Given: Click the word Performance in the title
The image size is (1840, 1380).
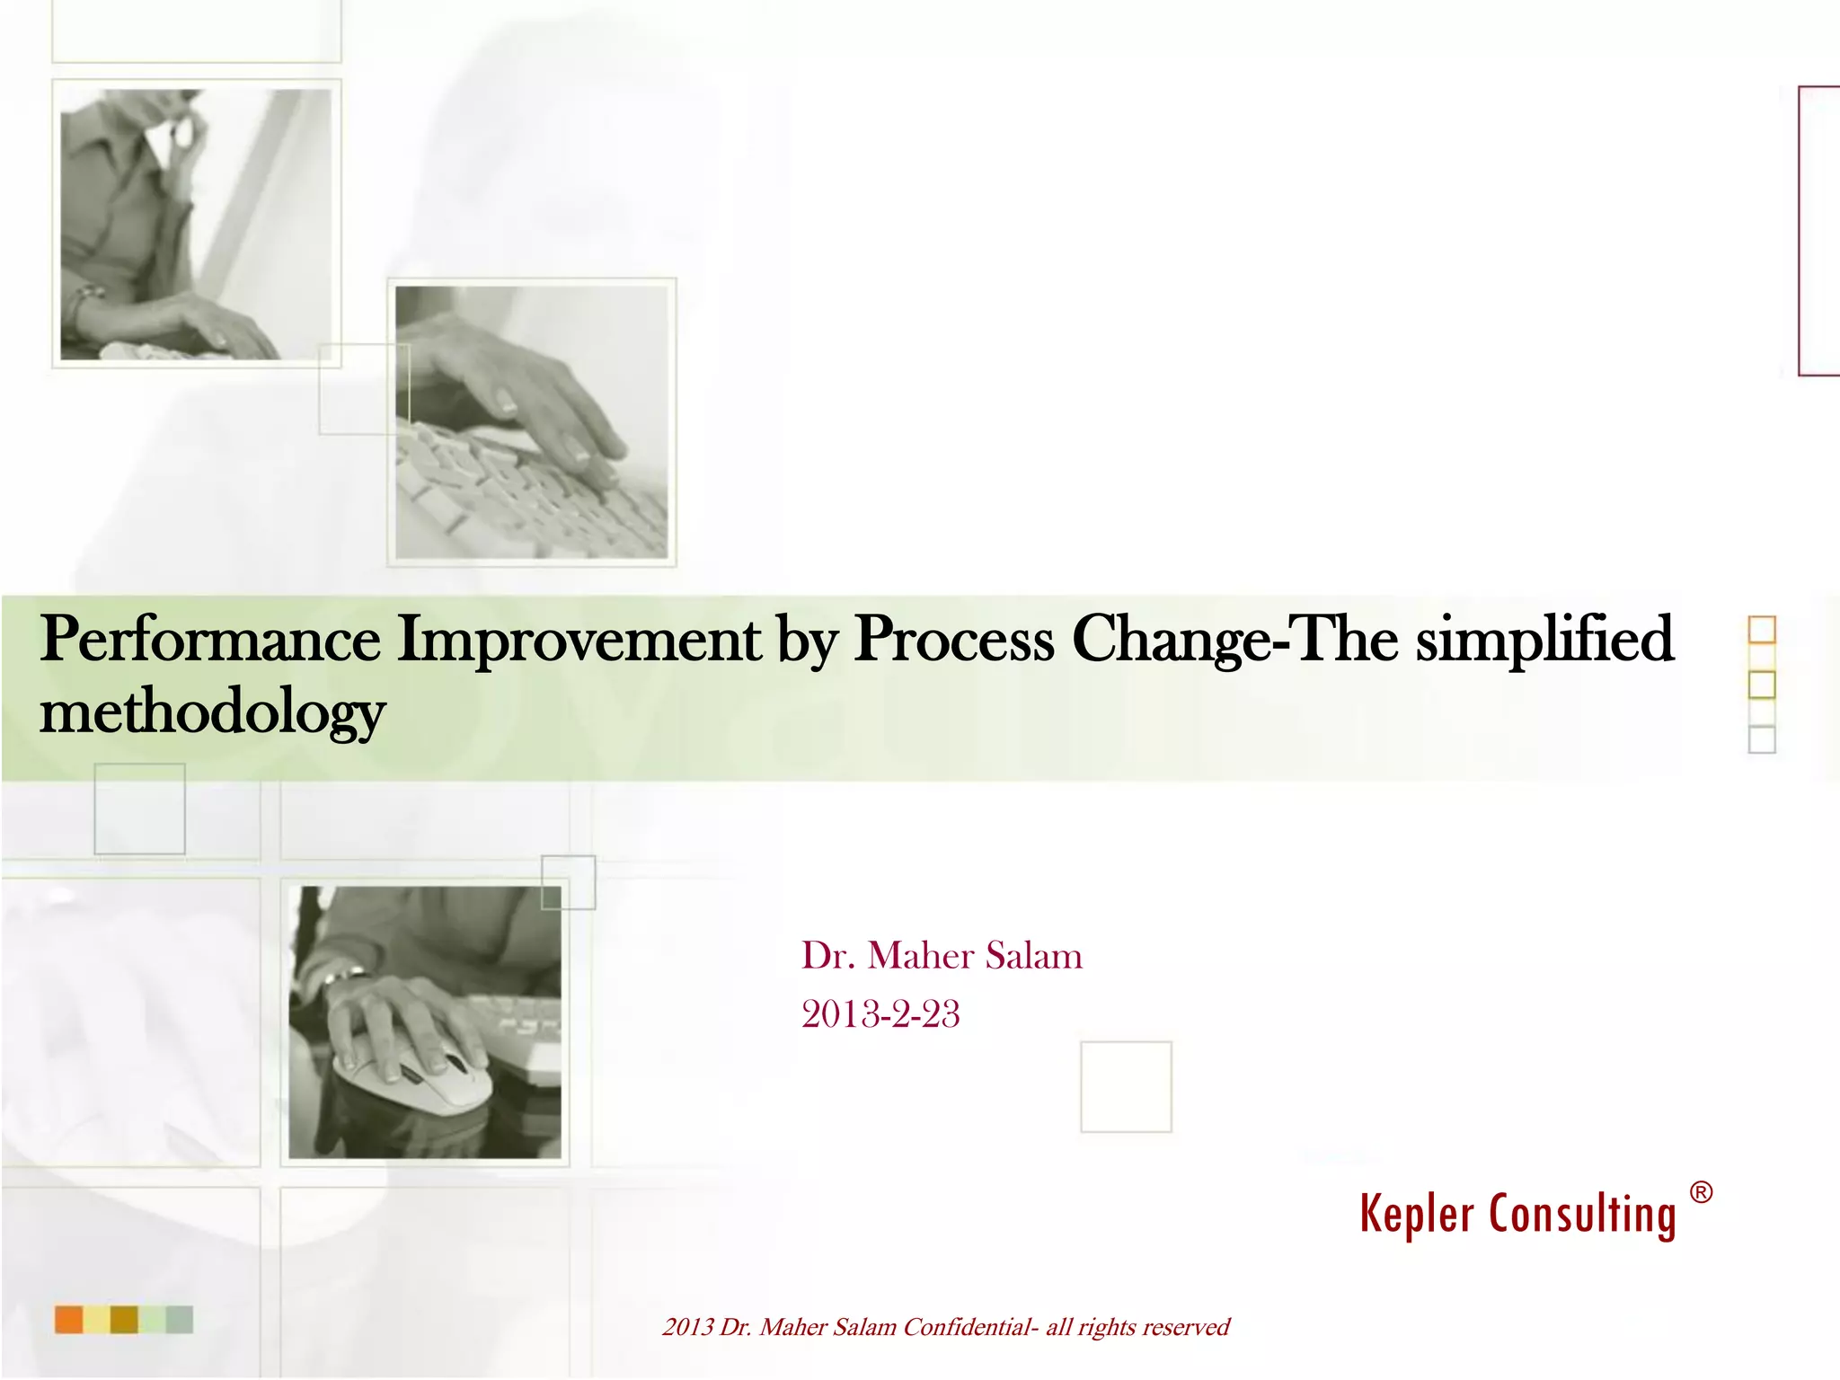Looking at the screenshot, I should pos(210,640).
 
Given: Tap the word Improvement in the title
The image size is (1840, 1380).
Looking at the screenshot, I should pos(579,640).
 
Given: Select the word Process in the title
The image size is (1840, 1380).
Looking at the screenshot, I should pos(953,640).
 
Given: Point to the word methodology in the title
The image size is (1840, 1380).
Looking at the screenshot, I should pos(212,712).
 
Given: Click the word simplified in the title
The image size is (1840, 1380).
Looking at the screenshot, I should pos(1544,640).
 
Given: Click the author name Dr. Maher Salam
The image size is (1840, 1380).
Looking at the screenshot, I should pos(942,956).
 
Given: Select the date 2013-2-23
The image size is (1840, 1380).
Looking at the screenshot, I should pos(880,1014).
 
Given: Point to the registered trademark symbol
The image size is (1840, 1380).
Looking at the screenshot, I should pos(1701,1193).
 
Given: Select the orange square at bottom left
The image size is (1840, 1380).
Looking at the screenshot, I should pos(69,1320).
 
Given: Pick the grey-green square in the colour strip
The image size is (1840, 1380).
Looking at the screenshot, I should pos(180,1320).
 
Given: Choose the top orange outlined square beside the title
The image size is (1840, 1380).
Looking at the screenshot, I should pos(1762,630).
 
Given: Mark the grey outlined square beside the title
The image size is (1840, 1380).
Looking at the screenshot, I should pos(1762,739).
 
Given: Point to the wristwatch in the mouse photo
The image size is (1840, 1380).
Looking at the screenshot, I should pos(346,973).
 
